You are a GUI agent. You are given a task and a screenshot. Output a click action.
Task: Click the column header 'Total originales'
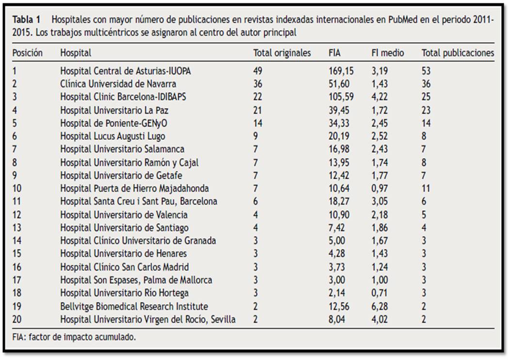(282, 53)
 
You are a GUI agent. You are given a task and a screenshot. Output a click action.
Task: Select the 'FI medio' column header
(388, 53)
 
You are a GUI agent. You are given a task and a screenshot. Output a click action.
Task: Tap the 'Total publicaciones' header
(458, 53)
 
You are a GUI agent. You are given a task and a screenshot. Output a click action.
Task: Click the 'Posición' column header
(27, 53)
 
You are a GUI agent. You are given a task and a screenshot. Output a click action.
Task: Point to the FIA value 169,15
(341, 71)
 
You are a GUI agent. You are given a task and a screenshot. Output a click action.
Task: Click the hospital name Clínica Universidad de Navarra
(118, 84)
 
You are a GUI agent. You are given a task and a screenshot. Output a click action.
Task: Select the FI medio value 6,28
(380, 306)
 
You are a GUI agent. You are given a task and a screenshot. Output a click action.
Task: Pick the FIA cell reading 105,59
(341, 97)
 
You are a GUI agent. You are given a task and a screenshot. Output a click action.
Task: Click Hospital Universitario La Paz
(114, 110)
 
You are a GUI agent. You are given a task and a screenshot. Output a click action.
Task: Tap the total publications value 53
(426, 71)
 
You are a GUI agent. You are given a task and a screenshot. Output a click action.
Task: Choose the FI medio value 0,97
(380, 188)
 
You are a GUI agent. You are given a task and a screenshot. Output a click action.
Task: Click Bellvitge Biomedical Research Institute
(134, 306)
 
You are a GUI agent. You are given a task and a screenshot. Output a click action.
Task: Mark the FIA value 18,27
(339, 201)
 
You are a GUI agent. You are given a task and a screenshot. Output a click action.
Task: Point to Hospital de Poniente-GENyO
(113, 124)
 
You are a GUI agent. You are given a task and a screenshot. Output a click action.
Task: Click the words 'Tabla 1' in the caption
(26, 20)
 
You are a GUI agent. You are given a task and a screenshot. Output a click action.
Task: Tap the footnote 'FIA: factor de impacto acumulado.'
(74, 337)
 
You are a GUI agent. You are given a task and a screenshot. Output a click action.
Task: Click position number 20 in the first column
(17, 319)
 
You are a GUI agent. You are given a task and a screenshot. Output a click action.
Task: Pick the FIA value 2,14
(337, 293)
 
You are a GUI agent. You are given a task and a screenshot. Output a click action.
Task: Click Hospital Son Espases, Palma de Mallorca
(136, 280)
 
